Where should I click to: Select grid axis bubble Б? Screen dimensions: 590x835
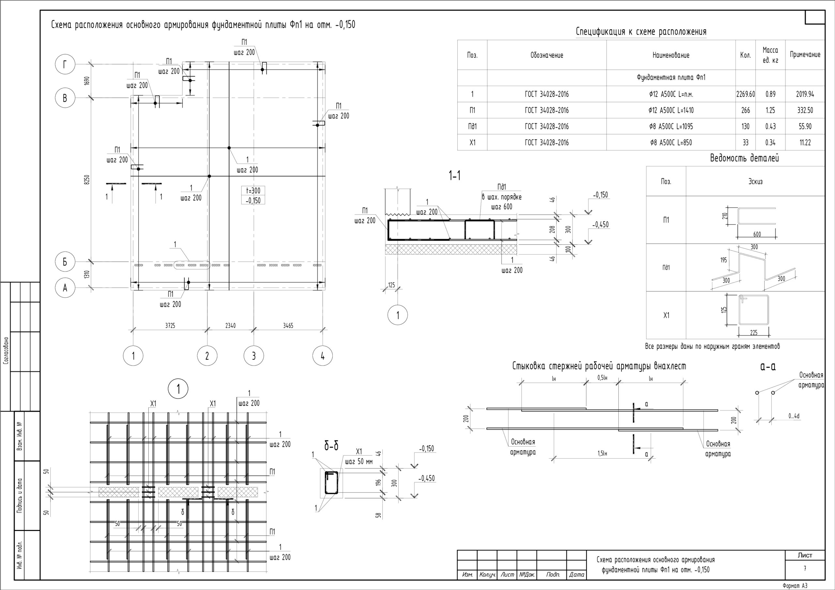tap(65, 262)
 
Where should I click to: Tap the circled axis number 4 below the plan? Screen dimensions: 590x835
tap(322, 356)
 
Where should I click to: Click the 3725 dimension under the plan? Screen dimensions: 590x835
tap(170, 326)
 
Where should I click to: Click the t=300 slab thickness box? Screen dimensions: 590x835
tap(253, 190)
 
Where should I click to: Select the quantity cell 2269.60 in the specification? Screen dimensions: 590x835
tap(746, 94)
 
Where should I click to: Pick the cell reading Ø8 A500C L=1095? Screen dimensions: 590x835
tap(671, 126)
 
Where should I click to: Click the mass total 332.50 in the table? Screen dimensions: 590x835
tap(805, 110)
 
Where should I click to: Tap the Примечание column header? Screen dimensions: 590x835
tap(805, 55)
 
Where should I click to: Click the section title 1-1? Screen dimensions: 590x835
tap(455, 176)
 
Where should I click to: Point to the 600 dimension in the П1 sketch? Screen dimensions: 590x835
tap(757, 234)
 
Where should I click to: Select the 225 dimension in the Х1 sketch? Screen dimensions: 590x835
tap(753, 332)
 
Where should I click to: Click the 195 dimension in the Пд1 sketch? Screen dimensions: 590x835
tap(723, 260)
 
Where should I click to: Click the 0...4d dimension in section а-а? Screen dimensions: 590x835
tap(794, 416)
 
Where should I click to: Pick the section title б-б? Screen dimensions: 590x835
tap(331, 446)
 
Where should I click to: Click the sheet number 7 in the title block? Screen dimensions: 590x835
tap(804, 568)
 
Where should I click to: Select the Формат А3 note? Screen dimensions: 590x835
tap(795, 586)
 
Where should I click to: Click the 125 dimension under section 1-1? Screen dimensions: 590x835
tap(391, 285)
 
